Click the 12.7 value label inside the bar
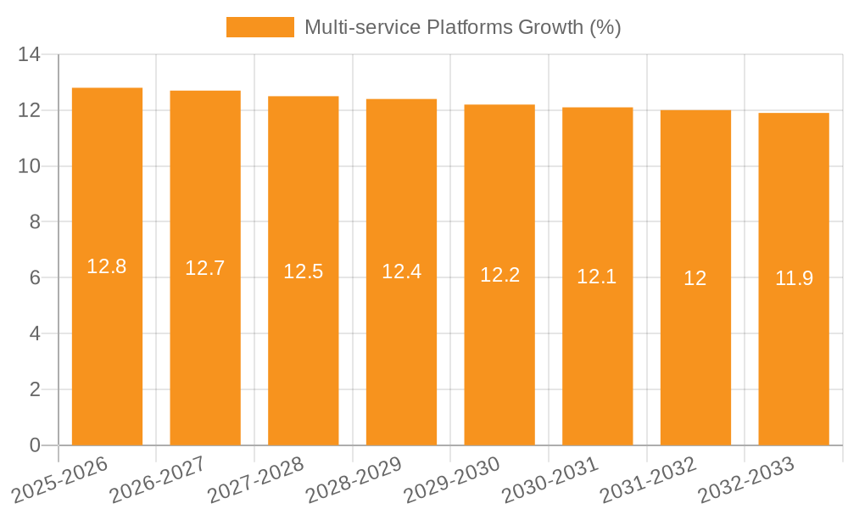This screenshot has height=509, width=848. [205, 268]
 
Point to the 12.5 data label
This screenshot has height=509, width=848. [304, 271]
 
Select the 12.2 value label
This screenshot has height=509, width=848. [499, 275]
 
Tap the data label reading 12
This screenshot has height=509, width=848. [695, 278]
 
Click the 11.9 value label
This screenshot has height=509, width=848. [794, 278]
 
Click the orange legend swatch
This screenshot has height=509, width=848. [259, 27]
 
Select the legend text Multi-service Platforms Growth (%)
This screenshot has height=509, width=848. [462, 27]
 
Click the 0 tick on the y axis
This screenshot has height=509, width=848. [35, 445]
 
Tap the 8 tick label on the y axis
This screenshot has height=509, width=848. [35, 222]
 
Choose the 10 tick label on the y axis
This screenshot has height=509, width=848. [30, 166]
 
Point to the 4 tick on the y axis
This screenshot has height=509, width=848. [35, 333]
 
